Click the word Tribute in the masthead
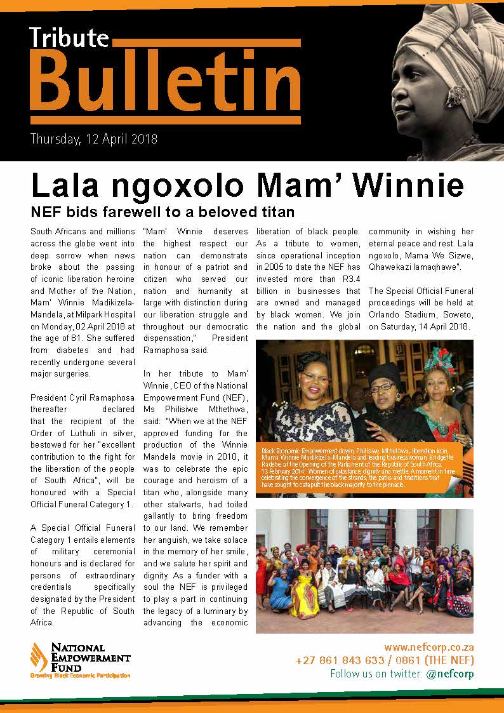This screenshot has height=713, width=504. click(69, 37)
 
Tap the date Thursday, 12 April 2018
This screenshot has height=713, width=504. click(94, 138)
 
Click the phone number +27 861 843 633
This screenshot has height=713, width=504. click(340, 660)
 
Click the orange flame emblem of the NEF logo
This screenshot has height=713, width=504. click(39, 656)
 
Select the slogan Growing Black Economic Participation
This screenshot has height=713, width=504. click(80, 676)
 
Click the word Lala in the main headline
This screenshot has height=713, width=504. click(64, 185)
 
